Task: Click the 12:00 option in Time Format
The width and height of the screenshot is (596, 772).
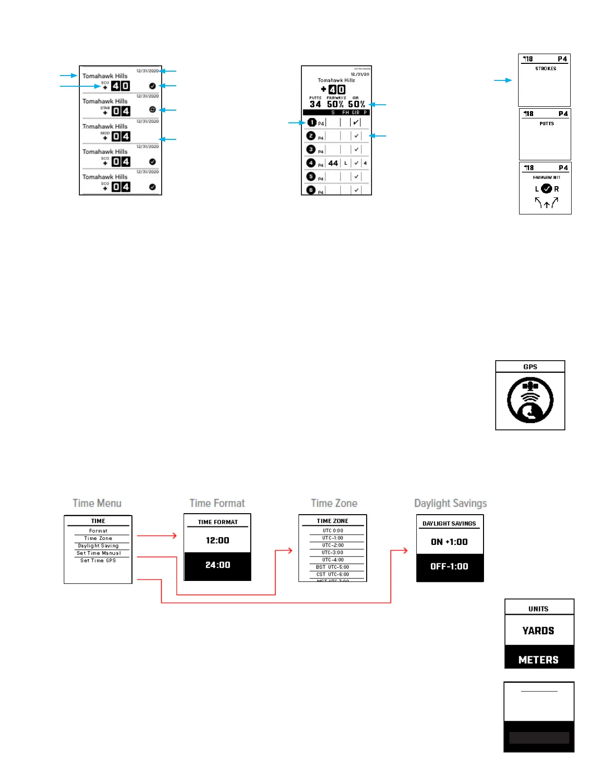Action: [x=217, y=540]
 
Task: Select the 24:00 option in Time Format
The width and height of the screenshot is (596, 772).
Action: [x=217, y=565]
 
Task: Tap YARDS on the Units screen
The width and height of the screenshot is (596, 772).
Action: [x=539, y=631]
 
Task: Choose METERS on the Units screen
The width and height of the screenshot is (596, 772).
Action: [x=539, y=659]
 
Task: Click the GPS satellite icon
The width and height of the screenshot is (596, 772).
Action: [x=530, y=400]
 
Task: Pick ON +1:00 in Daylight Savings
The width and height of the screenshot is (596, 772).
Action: [x=449, y=542]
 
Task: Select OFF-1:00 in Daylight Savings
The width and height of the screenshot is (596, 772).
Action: [x=449, y=566]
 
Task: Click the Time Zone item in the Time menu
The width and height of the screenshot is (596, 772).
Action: [x=98, y=538]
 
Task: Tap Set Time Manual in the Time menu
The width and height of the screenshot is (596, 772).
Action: [x=98, y=553]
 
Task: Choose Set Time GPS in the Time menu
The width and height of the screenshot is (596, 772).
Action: [x=98, y=560]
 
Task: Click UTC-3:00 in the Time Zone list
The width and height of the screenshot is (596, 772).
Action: [x=333, y=552]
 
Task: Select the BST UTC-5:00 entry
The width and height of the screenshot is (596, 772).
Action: [x=333, y=567]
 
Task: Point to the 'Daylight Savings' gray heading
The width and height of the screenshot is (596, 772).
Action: [x=450, y=503]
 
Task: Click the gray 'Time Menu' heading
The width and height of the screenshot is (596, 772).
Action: [x=97, y=503]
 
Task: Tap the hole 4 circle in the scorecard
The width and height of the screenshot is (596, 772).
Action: [x=311, y=163]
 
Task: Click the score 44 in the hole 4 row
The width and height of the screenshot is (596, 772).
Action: [x=333, y=163]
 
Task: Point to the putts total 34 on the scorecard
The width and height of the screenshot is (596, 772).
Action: [x=315, y=104]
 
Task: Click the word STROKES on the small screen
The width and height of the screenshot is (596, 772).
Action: [x=546, y=69]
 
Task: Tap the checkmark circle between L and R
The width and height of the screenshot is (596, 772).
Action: [x=547, y=189]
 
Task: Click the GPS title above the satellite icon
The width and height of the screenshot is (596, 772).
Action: [x=530, y=367]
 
